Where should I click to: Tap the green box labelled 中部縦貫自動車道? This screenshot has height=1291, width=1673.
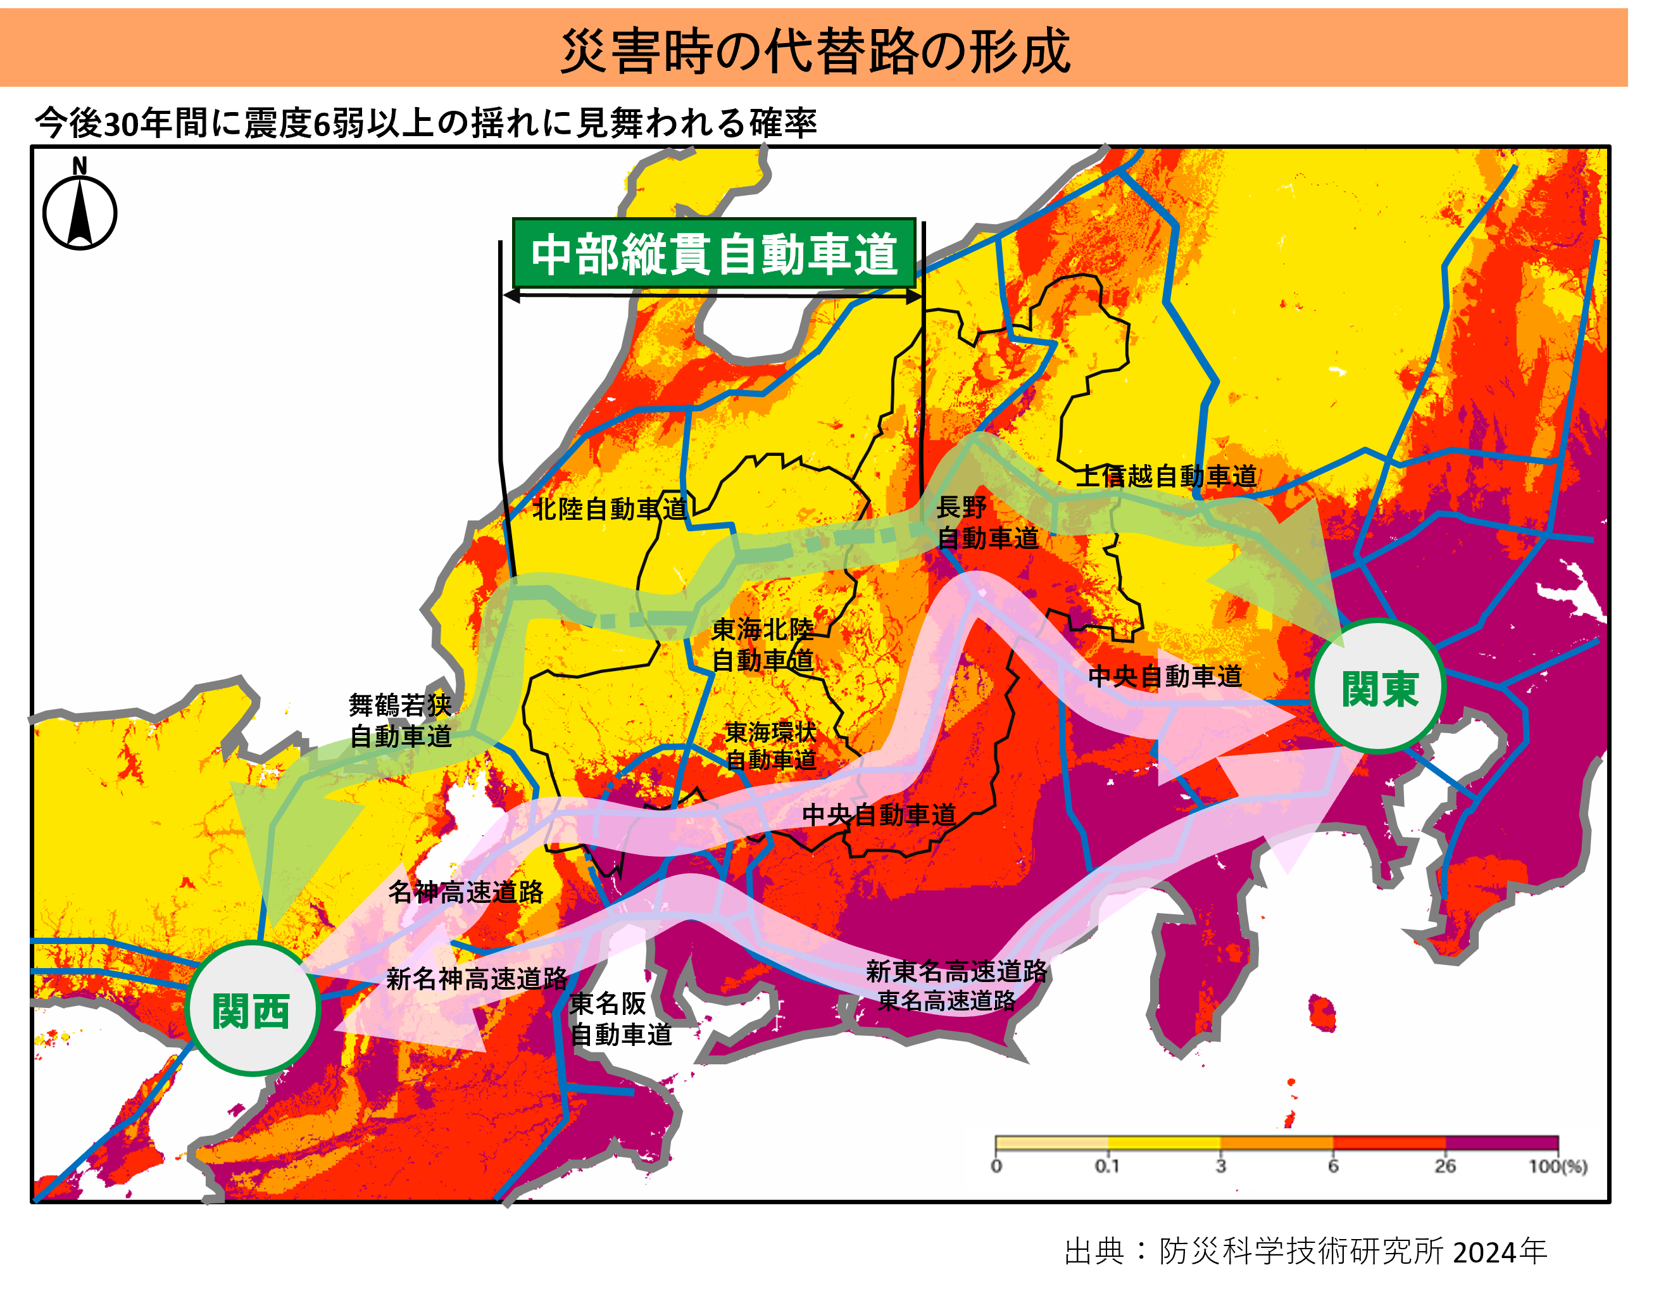tap(714, 254)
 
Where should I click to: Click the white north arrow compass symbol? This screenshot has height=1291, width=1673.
tap(80, 213)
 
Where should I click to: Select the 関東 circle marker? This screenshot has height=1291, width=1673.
tap(1378, 687)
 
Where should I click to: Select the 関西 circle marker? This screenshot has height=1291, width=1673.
tap(251, 1010)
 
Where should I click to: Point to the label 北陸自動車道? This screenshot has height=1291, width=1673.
tap(609, 508)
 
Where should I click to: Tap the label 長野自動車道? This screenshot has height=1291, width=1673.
tap(987, 522)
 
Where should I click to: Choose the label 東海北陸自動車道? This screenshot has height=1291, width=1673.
tap(762, 645)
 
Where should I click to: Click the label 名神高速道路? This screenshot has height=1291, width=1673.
tap(466, 892)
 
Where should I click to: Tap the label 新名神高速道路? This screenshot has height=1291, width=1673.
tap(477, 978)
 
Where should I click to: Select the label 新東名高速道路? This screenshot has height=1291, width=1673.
tap(956, 971)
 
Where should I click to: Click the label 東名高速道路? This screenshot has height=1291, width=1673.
tap(947, 1000)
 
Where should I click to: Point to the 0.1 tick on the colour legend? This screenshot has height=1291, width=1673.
tap(1107, 1166)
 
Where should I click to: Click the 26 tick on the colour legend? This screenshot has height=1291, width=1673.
tap(1444, 1166)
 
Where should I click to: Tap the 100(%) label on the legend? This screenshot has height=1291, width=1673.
tap(1557, 1166)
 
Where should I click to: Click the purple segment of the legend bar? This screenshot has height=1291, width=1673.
tap(1501, 1143)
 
